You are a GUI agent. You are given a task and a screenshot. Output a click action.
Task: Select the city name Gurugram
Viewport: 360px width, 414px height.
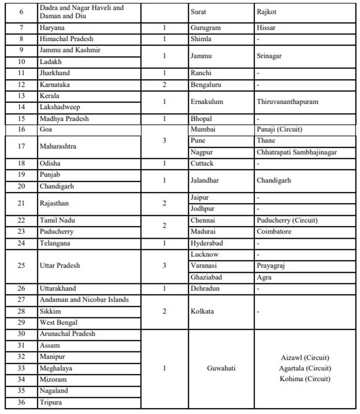click(206, 28)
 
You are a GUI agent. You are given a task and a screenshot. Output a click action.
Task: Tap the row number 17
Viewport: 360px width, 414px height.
click(21, 146)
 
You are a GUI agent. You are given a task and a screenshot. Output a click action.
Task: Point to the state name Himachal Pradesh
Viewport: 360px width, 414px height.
click(66, 39)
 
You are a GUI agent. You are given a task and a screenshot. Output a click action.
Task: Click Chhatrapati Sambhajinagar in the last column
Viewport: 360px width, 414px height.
click(297, 152)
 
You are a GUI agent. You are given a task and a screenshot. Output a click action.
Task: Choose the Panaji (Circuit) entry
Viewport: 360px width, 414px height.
click(279, 129)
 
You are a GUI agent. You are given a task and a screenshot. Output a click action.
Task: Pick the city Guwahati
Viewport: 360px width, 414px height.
click(221, 368)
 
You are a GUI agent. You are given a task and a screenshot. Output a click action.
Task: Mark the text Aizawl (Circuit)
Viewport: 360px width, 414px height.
click(305, 358)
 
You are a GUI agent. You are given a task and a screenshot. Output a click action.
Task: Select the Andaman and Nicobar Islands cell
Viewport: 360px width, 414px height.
click(84, 299)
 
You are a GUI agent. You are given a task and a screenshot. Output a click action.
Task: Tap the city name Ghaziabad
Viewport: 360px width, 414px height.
click(206, 277)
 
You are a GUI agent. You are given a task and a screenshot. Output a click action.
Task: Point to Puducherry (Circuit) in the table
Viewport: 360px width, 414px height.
click(287, 221)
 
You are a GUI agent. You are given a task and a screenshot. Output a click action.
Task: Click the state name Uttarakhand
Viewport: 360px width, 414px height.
click(58, 288)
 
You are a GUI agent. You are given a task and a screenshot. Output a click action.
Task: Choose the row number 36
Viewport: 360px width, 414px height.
click(21, 403)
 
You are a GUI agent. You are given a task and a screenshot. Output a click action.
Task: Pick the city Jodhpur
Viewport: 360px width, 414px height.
click(203, 209)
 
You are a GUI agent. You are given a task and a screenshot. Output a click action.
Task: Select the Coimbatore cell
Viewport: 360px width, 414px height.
click(274, 232)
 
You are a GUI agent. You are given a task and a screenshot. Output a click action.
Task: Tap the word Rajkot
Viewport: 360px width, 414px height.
click(267, 12)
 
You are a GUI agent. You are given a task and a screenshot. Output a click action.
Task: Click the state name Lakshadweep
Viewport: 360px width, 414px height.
click(60, 107)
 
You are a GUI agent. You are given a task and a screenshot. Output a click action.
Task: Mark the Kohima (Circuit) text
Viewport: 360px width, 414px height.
click(305, 379)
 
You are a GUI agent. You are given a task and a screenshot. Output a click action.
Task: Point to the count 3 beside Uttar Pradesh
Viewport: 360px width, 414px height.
click(164, 265)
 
